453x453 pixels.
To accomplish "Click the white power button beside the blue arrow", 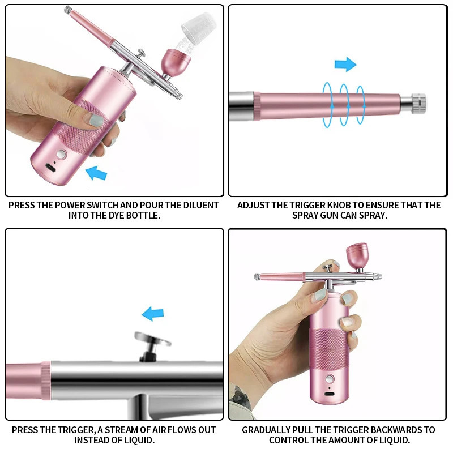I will (x=61, y=154).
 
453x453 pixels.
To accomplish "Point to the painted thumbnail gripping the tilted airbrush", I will (x=98, y=121).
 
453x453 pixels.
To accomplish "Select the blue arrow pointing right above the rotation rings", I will (x=345, y=64).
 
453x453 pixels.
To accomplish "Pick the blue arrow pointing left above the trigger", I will (x=152, y=313).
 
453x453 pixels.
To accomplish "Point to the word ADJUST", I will (x=255, y=205).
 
